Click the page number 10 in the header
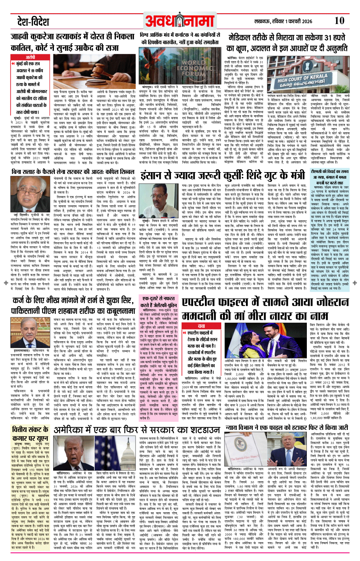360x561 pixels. point(339,21)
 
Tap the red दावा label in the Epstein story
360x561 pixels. point(201,326)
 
